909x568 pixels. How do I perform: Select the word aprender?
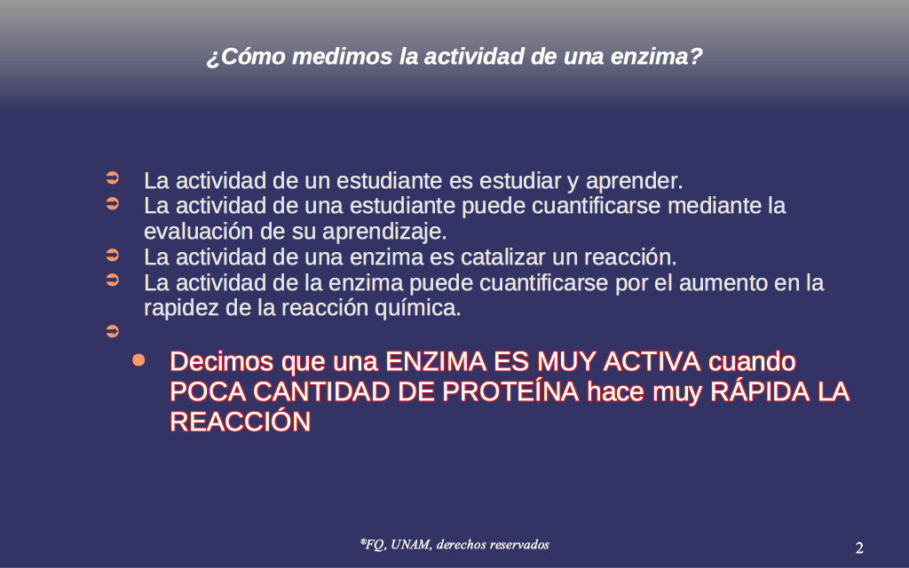(634, 181)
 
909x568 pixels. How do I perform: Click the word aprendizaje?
(384, 233)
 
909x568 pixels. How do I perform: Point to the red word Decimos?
(221, 362)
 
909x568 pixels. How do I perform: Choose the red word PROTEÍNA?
(510, 391)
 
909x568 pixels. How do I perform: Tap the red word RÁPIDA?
(760, 391)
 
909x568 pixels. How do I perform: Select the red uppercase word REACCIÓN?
(240, 421)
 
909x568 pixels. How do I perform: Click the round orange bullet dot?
(138, 360)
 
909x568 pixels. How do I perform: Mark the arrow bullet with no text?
(113, 332)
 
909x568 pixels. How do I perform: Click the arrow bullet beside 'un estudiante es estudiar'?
(113, 177)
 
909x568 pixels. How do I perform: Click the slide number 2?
(859, 548)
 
